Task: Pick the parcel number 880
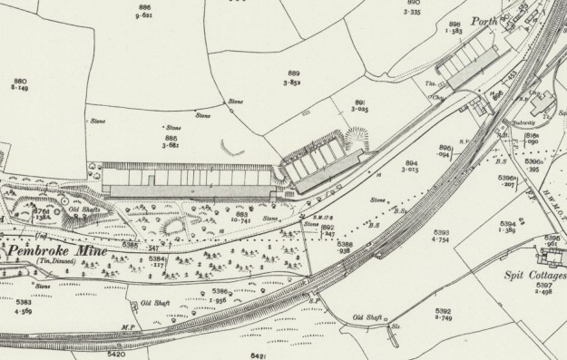click(19, 82)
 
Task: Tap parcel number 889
click(293, 73)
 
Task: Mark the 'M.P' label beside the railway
click(127, 325)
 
